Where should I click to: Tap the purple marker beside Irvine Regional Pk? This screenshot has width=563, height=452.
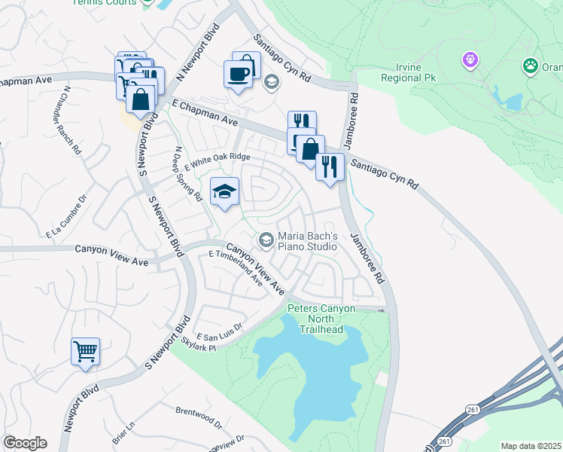pyautogui.click(x=472, y=58)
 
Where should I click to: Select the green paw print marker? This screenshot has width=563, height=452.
pyautogui.click(x=531, y=66)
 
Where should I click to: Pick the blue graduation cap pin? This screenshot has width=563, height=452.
pyautogui.click(x=224, y=192)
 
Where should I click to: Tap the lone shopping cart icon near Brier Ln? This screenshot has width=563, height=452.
pyautogui.click(x=85, y=351)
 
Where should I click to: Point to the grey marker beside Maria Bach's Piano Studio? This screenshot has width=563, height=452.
pyautogui.click(x=265, y=240)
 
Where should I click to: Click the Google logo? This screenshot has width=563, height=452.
pyautogui.click(x=25, y=443)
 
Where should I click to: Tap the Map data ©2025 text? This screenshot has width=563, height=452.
pyautogui.click(x=531, y=446)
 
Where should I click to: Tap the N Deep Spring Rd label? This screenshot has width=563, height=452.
pyautogui.click(x=188, y=173)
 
